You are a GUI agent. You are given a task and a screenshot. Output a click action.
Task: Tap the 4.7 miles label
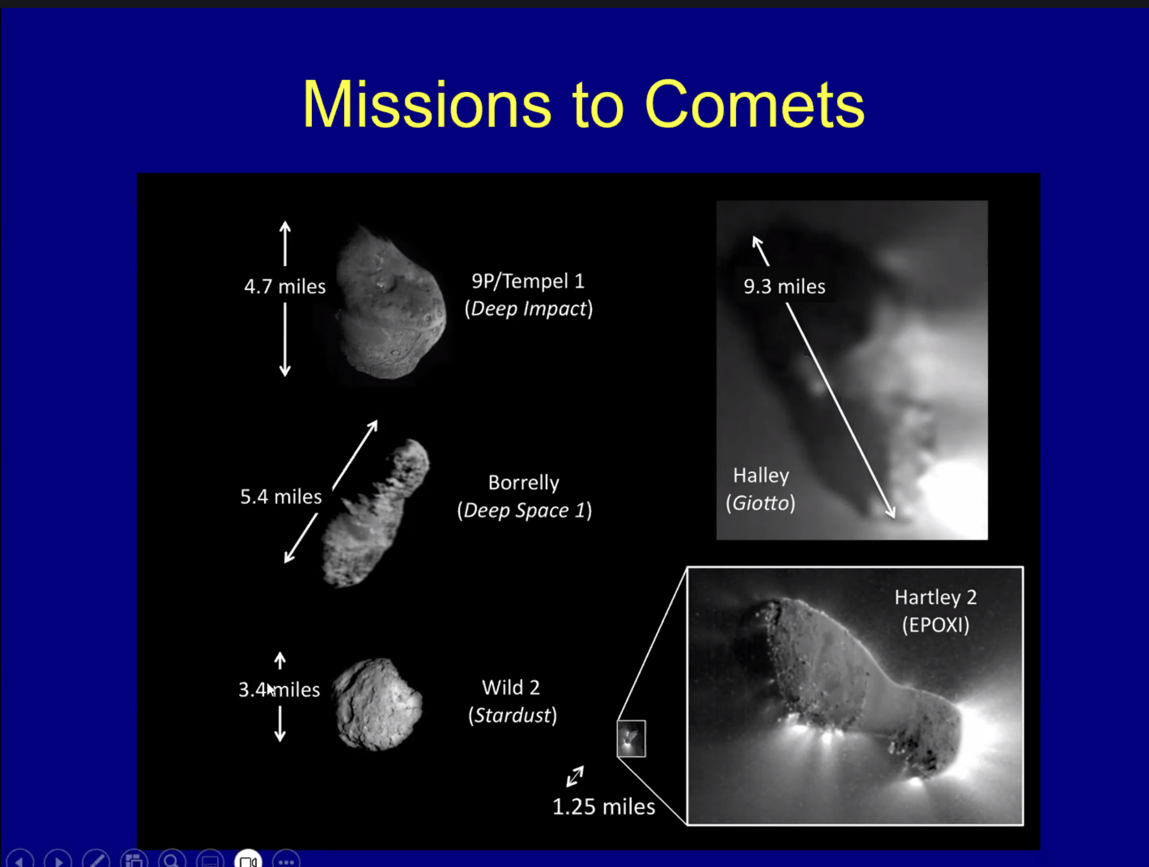point(285,286)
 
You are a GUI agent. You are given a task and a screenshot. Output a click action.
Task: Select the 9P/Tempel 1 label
point(528,281)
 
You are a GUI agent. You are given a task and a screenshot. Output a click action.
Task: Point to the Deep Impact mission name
point(529,309)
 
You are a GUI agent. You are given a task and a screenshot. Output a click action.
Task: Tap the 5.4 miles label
point(281,497)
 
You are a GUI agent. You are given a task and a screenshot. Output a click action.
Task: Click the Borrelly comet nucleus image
point(375,513)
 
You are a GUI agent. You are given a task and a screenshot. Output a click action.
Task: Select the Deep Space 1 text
point(524,510)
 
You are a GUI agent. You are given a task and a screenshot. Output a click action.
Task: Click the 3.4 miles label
point(279,690)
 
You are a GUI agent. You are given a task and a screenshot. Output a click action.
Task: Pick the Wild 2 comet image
point(377,705)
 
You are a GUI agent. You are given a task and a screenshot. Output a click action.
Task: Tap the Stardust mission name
point(512,715)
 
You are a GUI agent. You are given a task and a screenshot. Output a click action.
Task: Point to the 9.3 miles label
point(784,286)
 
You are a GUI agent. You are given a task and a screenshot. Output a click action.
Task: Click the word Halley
point(761,476)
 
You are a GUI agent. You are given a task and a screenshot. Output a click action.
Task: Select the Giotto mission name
point(760,503)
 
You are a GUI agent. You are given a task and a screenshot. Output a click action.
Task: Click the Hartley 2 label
point(936,598)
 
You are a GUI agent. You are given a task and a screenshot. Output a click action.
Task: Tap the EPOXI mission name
point(936,625)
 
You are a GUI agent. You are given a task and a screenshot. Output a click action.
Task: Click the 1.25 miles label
point(603,807)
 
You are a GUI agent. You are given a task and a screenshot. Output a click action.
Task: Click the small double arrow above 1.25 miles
point(575,777)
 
